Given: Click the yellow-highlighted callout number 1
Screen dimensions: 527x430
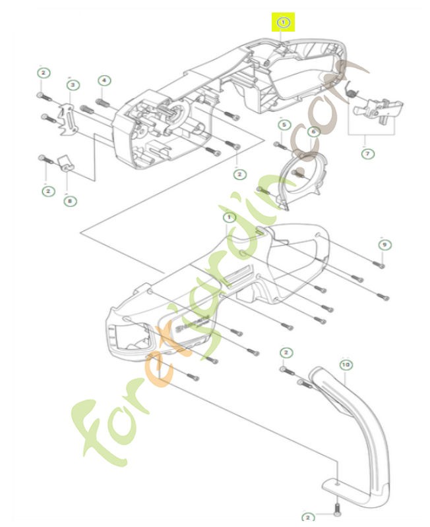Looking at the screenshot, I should [284, 22].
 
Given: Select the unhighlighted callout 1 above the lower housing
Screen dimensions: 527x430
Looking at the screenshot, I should [229, 217].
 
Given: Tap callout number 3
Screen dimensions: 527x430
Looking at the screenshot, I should [73, 84].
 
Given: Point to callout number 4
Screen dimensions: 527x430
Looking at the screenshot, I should [104, 80].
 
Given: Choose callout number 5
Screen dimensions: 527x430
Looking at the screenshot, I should [284, 125].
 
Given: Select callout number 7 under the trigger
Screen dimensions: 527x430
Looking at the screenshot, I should [367, 153].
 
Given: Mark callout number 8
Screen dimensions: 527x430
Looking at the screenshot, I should [71, 200].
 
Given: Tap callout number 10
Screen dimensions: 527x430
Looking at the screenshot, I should [345, 363].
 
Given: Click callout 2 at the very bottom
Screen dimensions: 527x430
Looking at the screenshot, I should [307, 518].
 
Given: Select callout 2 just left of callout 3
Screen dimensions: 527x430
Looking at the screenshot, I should [42, 72].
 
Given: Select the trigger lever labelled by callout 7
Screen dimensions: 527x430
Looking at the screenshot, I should [379, 108].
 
